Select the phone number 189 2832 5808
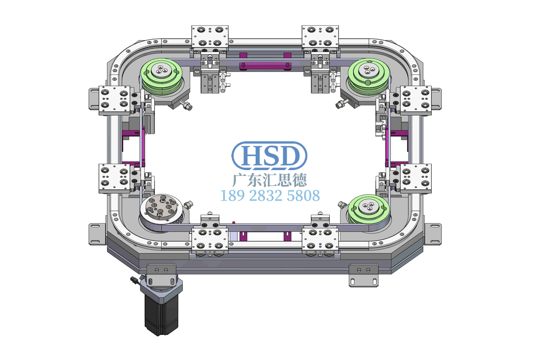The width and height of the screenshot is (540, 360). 270,196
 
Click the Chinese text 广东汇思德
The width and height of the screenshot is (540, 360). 270,180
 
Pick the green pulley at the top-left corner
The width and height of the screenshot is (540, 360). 162,76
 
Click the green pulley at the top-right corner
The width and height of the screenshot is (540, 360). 369,76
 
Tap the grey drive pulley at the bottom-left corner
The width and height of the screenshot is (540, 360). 162,210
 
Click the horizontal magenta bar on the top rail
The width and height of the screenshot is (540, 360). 265,66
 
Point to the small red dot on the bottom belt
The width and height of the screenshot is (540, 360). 234,222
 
